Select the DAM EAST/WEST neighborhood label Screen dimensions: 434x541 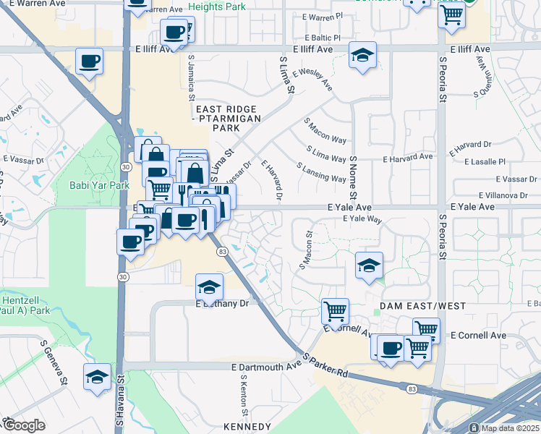tap(423, 307)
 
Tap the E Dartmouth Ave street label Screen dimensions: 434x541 tap(266, 367)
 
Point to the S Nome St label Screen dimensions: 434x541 tap(353, 177)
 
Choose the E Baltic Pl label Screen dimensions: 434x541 tap(322, 37)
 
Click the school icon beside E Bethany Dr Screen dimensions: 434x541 tap(210, 287)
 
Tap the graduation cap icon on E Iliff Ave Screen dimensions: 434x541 tap(362, 55)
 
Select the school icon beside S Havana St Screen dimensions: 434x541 tap(98, 376)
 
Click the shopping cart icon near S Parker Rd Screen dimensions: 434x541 tap(335, 311)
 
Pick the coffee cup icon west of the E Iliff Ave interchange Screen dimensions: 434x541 tap(90, 61)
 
